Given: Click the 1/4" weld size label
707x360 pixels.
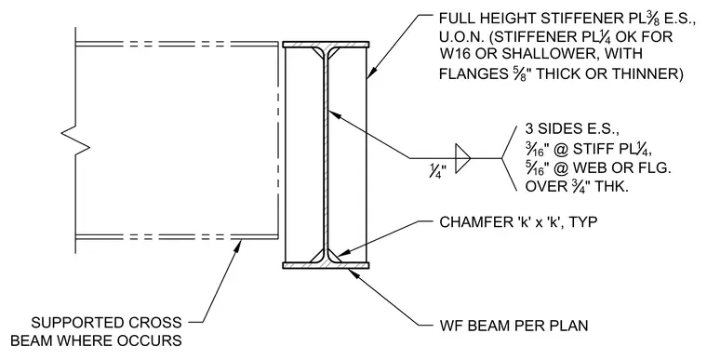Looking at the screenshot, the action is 437,171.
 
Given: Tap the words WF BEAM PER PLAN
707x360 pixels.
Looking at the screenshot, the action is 514,326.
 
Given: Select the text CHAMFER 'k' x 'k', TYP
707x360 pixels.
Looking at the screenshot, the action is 518,222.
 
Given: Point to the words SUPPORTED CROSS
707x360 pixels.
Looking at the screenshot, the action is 106,323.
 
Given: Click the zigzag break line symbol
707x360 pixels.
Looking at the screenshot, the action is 75,140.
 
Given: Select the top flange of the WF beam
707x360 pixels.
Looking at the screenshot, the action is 326,45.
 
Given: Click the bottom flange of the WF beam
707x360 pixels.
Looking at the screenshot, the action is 326,265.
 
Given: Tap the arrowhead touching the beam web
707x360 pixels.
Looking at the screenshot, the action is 335,115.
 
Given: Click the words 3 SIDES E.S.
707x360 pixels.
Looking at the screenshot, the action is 572,129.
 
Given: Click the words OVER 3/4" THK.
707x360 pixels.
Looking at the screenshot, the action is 577,187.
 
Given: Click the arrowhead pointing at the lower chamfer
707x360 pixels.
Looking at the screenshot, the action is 339,255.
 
